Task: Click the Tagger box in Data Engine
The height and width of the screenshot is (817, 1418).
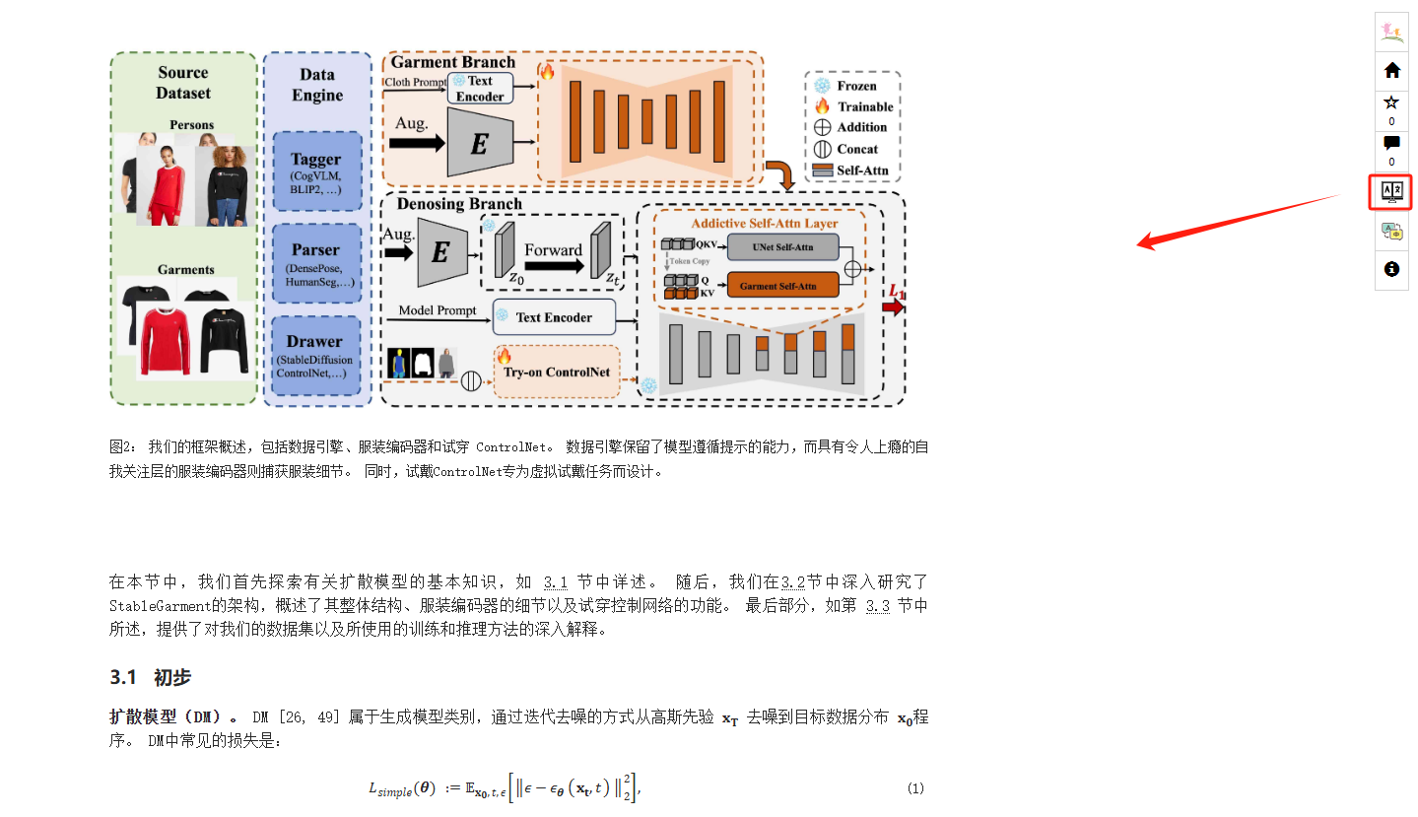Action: point(316,170)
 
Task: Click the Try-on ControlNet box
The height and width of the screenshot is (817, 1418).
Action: point(557,372)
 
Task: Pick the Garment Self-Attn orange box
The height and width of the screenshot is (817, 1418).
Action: point(783,287)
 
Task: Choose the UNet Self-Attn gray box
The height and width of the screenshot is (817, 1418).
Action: point(783,246)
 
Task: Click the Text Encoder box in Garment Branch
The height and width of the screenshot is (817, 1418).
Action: point(480,89)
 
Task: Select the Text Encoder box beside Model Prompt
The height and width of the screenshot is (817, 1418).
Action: point(554,317)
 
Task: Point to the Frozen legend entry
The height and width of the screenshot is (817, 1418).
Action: point(852,86)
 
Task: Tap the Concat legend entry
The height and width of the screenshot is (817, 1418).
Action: point(852,149)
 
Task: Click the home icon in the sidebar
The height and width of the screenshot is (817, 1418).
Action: point(1391,70)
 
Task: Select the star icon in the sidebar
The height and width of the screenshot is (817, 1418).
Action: point(1391,102)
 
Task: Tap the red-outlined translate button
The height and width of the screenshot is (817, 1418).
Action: point(1391,191)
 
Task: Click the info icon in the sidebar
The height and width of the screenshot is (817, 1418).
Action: point(1391,268)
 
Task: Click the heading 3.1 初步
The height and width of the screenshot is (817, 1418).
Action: point(151,678)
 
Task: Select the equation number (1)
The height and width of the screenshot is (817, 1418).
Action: point(915,788)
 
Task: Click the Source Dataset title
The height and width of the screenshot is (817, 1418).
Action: point(183,83)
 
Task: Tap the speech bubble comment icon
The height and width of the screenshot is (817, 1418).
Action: point(1391,143)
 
